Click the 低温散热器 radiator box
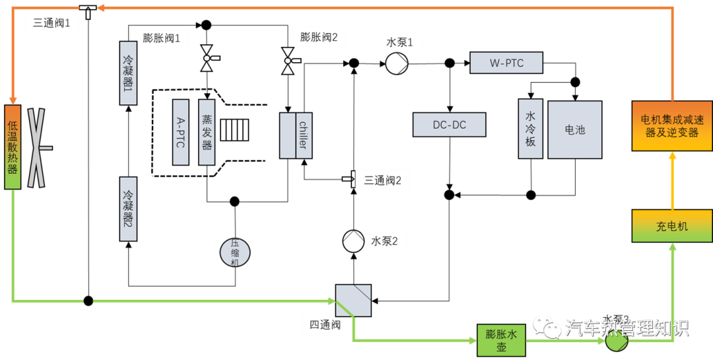[x=13, y=147]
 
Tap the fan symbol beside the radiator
[x=36, y=148]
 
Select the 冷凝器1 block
[x=128, y=73]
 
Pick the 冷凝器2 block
[x=128, y=209]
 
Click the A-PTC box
[x=181, y=132]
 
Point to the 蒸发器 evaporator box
[x=207, y=132]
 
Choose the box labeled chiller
[x=303, y=135]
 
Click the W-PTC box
[x=506, y=63]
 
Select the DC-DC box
[x=449, y=125]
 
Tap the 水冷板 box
[x=530, y=129]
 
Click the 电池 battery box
[x=574, y=129]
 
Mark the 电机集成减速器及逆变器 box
[x=672, y=126]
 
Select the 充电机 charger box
[x=672, y=226]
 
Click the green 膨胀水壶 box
[x=501, y=340]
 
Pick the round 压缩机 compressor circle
[x=235, y=252]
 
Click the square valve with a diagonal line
[x=353, y=301]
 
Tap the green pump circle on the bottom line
[x=616, y=342]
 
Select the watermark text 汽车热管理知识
[x=627, y=328]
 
